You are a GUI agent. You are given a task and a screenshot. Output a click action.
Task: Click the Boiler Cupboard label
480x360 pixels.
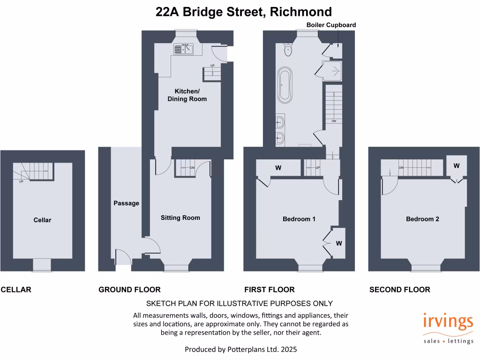coord(331,25)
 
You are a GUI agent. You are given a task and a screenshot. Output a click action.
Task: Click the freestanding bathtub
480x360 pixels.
coord(285,85)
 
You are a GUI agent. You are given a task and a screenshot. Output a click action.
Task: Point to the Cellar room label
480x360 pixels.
coord(42,220)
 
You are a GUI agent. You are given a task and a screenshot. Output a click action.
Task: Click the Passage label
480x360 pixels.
coord(126,203)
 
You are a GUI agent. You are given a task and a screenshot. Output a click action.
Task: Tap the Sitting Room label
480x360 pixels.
coord(180,217)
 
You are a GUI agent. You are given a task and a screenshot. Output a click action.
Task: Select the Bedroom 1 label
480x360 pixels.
coord(299,219)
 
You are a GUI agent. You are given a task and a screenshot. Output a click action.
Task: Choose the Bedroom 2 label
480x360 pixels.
coord(422,219)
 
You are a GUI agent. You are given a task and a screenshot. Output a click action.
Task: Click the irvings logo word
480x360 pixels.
coord(448,323)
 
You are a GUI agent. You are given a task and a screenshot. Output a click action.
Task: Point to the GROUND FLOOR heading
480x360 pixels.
coord(129,290)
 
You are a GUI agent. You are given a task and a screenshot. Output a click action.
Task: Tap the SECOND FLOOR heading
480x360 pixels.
coord(399,290)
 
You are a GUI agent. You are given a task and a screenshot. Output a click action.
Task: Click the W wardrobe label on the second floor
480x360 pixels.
coord(456,166)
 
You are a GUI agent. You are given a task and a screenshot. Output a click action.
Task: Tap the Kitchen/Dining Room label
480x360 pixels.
coord(187,95)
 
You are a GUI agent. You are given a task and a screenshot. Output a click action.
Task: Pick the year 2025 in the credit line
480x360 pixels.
coord(288,349)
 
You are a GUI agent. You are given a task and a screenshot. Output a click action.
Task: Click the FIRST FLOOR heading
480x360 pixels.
coord(269,290)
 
